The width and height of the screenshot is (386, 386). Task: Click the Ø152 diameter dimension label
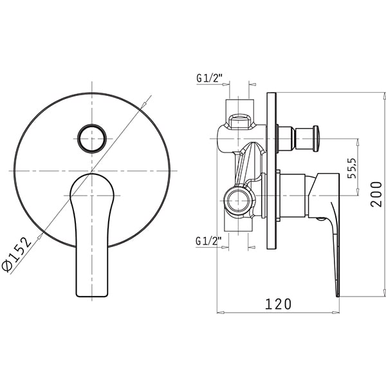[x=17, y=254]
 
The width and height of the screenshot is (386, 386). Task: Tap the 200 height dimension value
[x=376, y=194]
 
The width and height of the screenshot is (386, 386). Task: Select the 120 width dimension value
[x=278, y=304]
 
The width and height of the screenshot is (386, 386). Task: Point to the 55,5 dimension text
[x=352, y=168]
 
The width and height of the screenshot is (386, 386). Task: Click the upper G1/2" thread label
[x=209, y=78]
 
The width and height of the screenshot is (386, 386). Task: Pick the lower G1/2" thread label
[x=208, y=241]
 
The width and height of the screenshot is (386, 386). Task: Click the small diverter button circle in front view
[x=92, y=138]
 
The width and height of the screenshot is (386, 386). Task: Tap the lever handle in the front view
[x=91, y=235]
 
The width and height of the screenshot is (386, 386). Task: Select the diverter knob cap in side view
[x=316, y=138]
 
